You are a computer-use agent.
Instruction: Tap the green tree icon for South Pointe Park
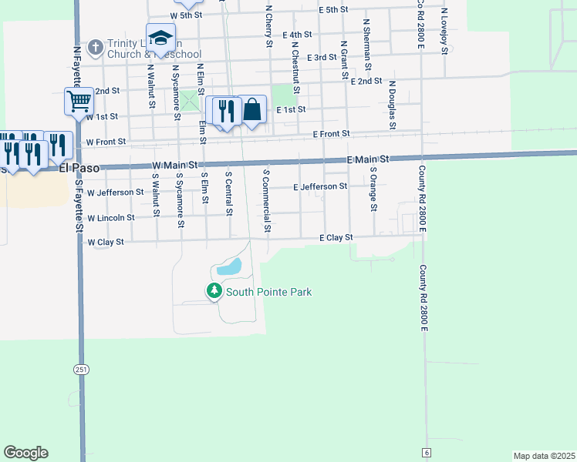coord(214,291)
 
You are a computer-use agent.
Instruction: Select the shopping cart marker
coord(79,101)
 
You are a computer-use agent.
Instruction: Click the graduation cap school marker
coord(160,38)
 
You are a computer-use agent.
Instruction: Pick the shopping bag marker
coord(252,110)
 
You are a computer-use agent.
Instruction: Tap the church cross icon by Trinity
coord(95,48)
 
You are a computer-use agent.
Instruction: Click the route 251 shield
coord(81,370)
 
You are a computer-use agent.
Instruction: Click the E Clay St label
coord(336,238)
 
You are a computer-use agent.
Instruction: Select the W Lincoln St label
coord(110,217)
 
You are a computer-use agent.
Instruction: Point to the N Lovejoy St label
coord(445,31)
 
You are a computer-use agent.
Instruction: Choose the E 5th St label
coord(333,10)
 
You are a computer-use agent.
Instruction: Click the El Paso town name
coord(79,167)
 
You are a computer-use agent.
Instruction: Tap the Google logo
coord(25,453)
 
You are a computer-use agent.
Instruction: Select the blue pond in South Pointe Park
coord(230,268)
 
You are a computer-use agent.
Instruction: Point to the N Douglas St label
coord(392,104)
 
